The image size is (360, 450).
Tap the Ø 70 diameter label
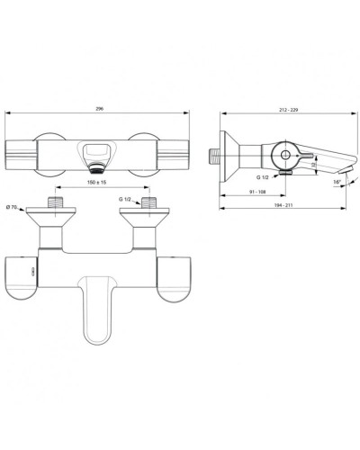(13, 208)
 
